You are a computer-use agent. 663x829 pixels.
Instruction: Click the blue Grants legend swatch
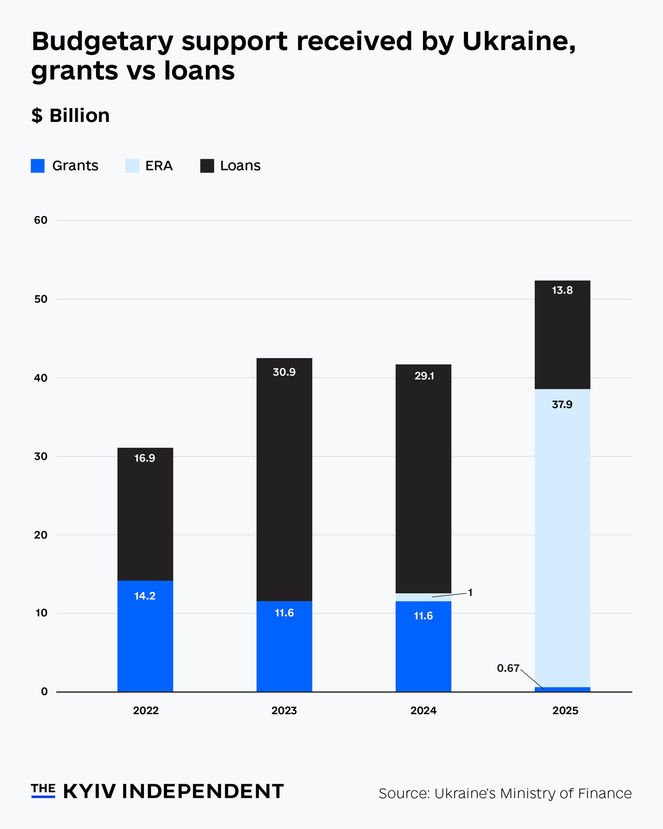pyautogui.click(x=38, y=166)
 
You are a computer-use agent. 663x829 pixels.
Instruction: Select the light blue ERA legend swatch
pyautogui.click(x=132, y=166)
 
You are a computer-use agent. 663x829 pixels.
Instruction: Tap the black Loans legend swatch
pyautogui.click(x=207, y=166)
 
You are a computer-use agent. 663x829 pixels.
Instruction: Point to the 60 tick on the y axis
pyautogui.click(x=41, y=220)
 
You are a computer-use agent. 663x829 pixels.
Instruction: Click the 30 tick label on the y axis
pyautogui.click(x=41, y=456)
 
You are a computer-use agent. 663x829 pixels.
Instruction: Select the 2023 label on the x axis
pyautogui.click(x=284, y=711)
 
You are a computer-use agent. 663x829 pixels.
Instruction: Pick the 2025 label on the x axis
pyautogui.click(x=565, y=711)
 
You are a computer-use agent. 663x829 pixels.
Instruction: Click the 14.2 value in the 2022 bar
pyautogui.click(x=145, y=596)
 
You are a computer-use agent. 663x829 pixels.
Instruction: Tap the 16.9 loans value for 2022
pyautogui.click(x=145, y=458)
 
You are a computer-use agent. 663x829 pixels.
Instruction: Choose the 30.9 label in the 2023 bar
pyautogui.click(x=284, y=372)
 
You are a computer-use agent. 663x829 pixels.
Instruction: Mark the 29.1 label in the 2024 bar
pyautogui.click(x=424, y=376)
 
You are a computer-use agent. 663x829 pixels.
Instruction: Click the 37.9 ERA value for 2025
pyautogui.click(x=562, y=404)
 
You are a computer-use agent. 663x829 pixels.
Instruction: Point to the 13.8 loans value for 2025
pyautogui.click(x=562, y=290)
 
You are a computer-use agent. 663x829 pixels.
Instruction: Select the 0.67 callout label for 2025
pyautogui.click(x=508, y=668)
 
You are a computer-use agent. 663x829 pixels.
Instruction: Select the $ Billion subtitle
pyautogui.click(x=71, y=115)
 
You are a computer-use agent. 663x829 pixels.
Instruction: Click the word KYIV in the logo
pyautogui.click(x=89, y=791)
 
